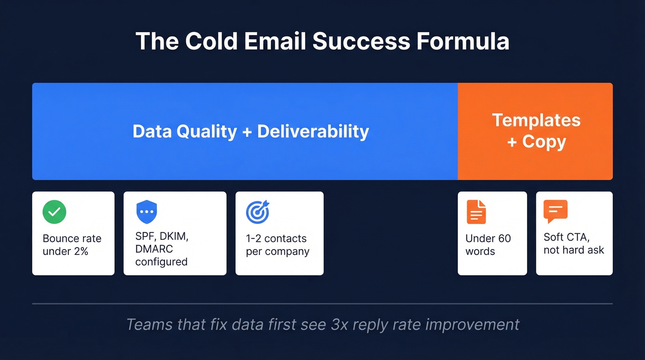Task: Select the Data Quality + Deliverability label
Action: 251,131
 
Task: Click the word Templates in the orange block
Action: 536,120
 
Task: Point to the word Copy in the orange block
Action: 544,142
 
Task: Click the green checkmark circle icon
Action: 54,212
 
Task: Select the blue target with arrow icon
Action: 258,212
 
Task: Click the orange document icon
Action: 476,212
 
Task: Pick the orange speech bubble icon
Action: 555,212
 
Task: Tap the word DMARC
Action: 154,249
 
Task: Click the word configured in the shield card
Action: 161,262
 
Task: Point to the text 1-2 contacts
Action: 276,239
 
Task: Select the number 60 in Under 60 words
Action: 504,239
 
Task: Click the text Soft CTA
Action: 566,237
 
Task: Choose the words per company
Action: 277,252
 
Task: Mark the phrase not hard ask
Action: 574,250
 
